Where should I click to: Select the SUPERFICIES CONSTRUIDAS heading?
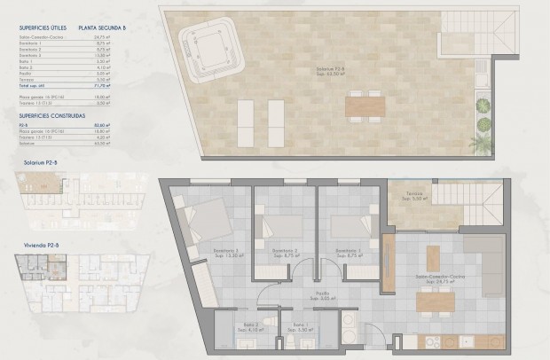pos(51,115)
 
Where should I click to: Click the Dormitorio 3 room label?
pos(224,253)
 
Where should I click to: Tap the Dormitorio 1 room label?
pos(346,253)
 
